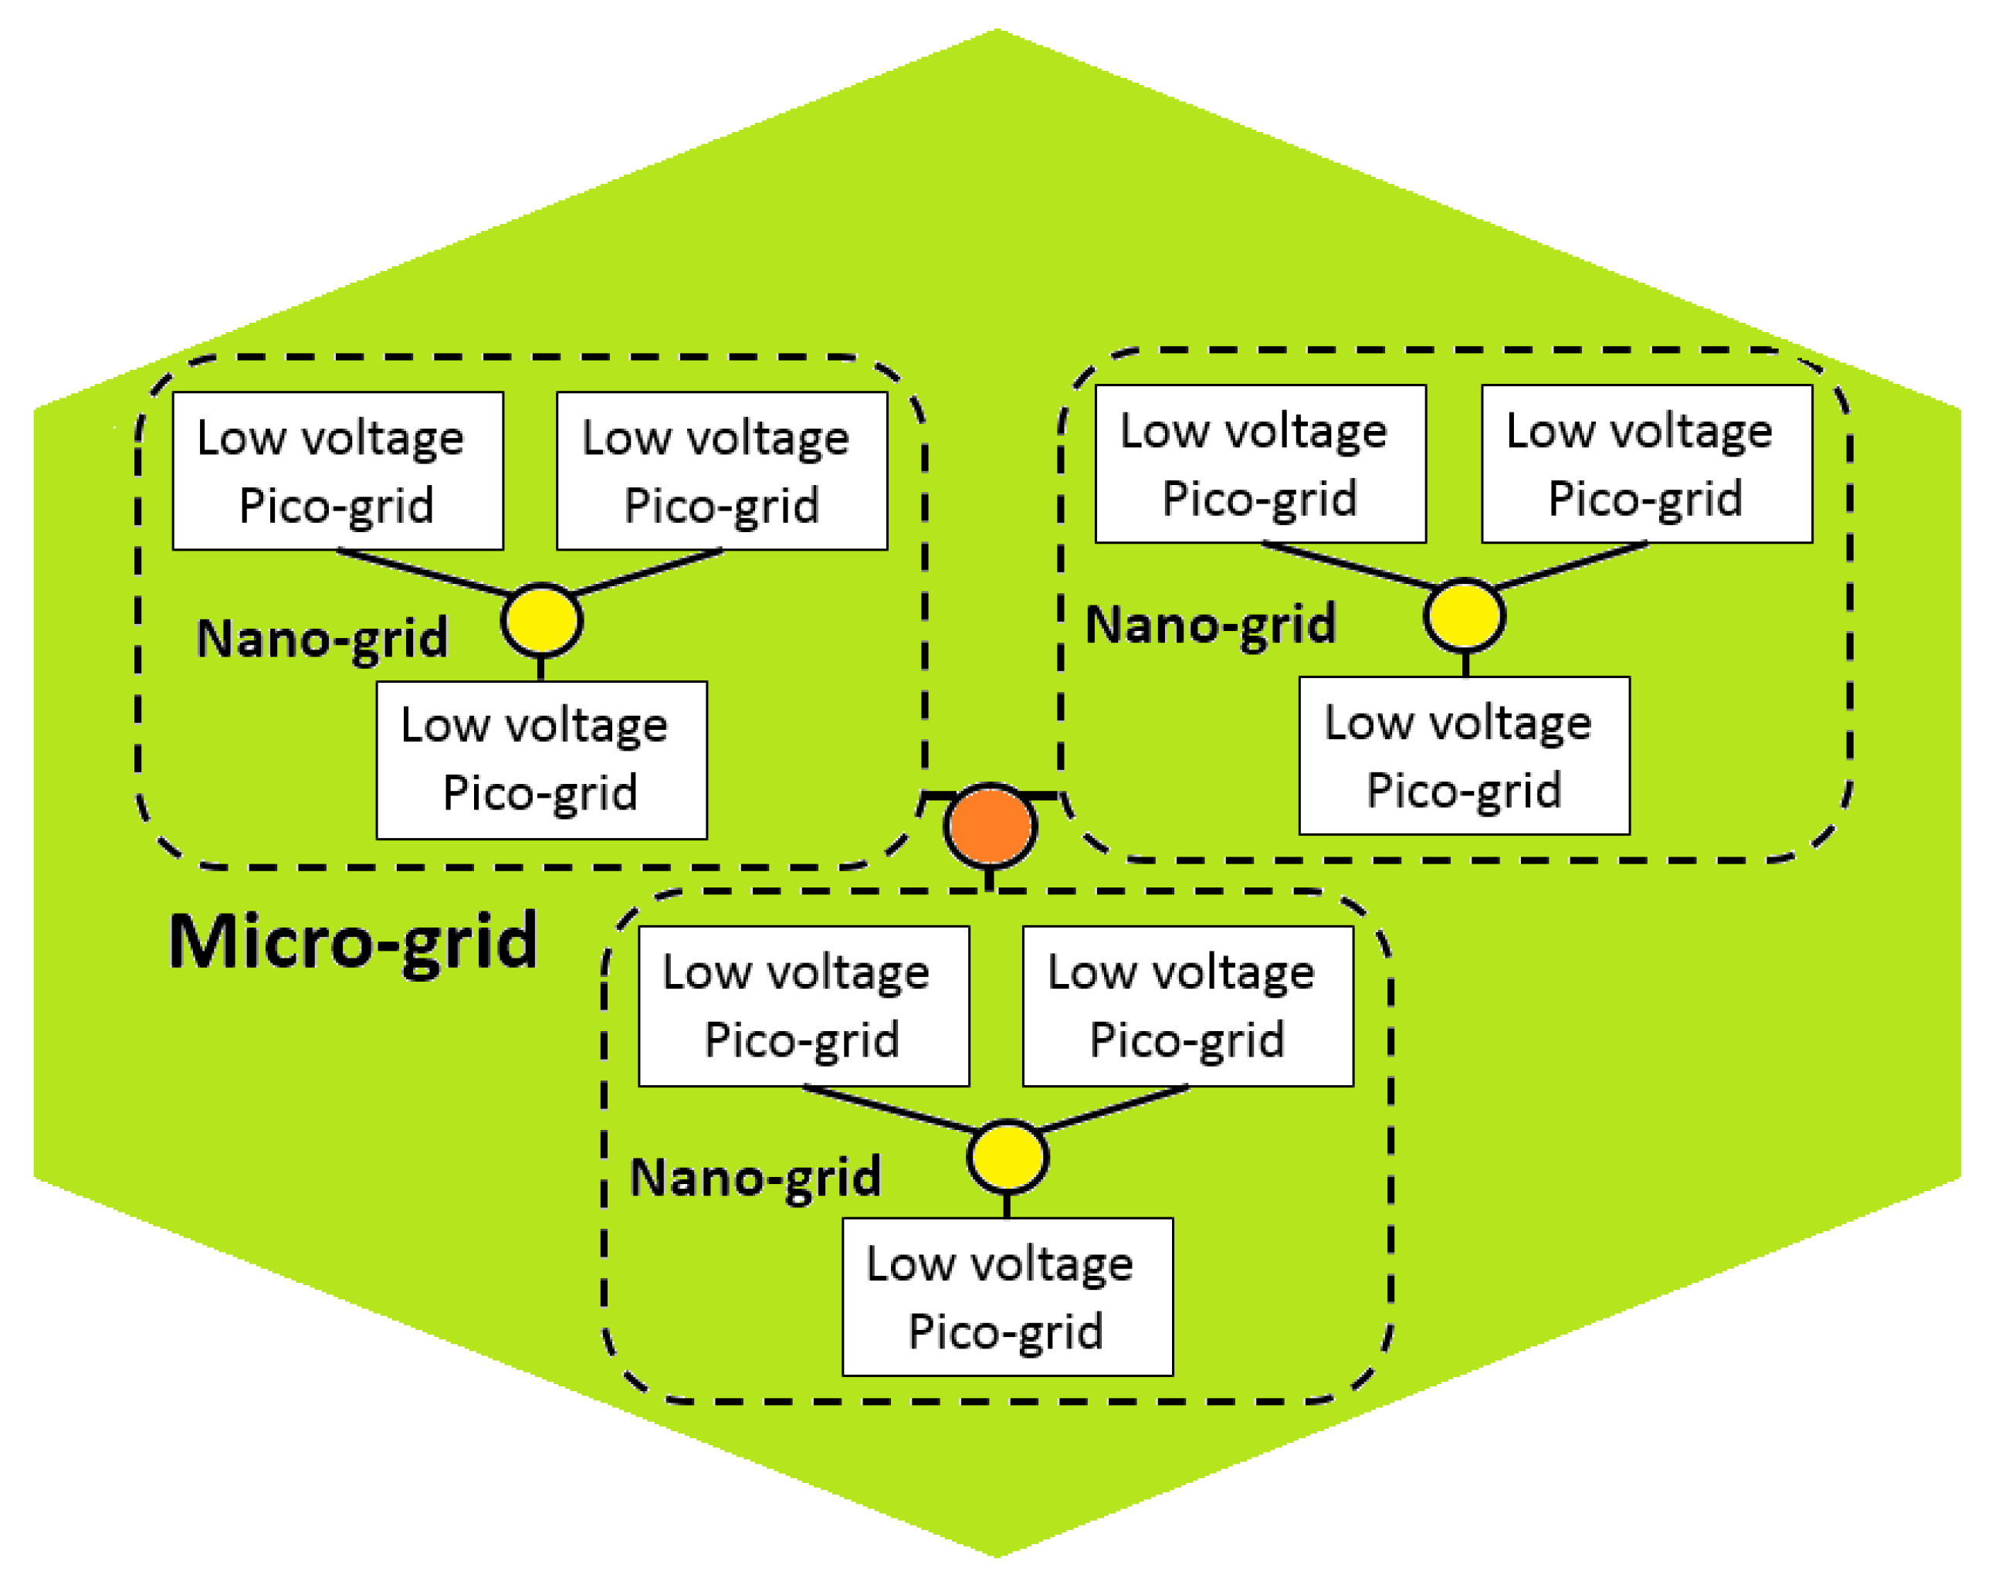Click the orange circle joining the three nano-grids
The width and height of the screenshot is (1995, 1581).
(990, 826)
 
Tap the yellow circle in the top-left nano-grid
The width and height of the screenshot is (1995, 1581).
(541, 620)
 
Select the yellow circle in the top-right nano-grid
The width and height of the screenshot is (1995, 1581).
(1464, 615)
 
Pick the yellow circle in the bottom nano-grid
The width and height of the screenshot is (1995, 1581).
(1007, 1156)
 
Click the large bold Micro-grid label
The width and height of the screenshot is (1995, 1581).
(353, 941)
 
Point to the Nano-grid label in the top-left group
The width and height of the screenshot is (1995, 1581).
(322, 639)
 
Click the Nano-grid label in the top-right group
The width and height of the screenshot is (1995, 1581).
(1211, 625)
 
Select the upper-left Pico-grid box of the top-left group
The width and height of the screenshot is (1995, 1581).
(337, 471)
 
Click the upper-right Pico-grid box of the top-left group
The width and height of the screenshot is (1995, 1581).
(722, 471)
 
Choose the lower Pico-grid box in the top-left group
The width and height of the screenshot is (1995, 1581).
(541, 760)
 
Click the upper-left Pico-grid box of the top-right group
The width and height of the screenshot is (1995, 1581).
(1260, 463)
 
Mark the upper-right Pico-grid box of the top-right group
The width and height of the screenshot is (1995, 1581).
(1647, 463)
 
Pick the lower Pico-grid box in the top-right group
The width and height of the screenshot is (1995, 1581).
(1464, 755)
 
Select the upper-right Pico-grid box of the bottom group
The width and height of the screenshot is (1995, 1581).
(1188, 1006)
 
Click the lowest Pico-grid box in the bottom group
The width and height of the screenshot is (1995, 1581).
(1008, 1297)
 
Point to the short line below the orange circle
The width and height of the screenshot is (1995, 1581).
(990, 880)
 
